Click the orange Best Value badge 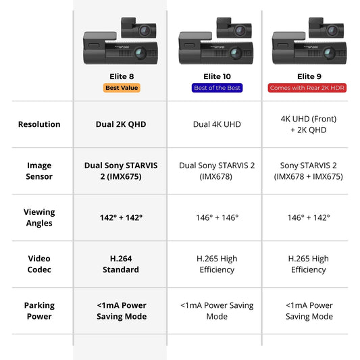click(122, 88)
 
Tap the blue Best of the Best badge click(217, 88)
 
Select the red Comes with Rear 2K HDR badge click(309, 88)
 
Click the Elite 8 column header click(122, 76)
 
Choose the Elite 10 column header click(217, 76)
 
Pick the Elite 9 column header click(309, 76)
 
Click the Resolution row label click(39, 124)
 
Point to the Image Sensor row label click(39, 171)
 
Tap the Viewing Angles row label click(39, 217)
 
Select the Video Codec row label click(39, 264)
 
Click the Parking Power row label click(39, 311)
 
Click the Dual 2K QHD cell click(122, 124)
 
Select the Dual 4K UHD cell click(217, 124)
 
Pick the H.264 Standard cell click(122, 264)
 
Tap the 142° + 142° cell click(122, 217)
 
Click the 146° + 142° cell click(309, 217)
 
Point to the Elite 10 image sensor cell click(217, 171)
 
